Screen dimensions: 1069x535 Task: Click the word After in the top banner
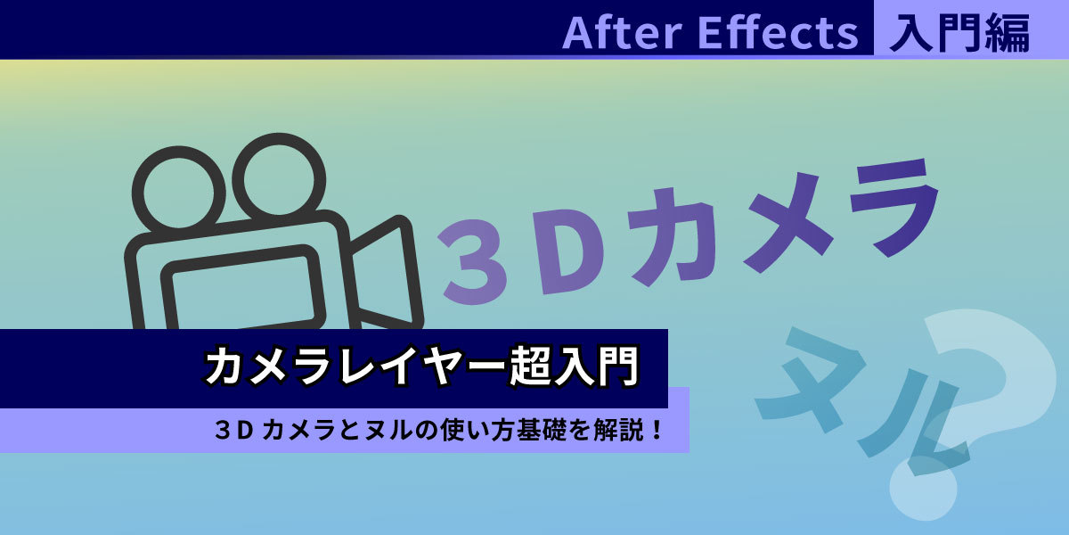[x=623, y=32]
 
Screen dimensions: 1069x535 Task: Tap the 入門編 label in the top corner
[x=959, y=32]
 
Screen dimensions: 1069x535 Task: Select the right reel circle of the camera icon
[x=279, y=180]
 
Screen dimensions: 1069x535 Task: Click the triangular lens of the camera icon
[x=385, y=272]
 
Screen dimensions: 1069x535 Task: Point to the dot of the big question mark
[x=923, y=487]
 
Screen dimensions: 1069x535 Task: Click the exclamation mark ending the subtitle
[x=657, y=431]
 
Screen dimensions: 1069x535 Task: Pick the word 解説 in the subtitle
[x=619, y=431]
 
